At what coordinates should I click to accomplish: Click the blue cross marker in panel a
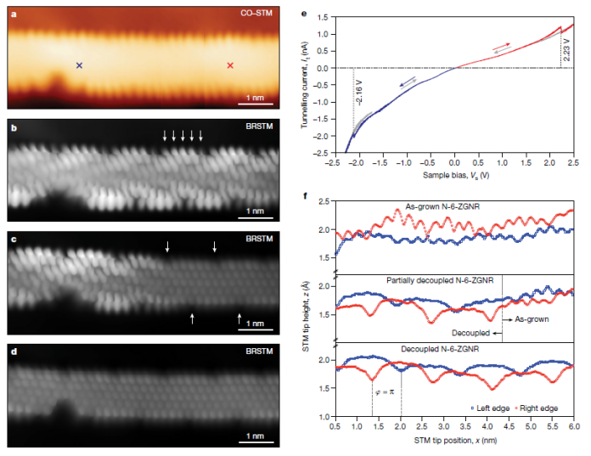pos(80,65)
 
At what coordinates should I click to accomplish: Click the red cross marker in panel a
pos(230,65)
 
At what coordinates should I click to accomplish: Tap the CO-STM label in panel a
pos(252,14)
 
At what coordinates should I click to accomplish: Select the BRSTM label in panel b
pos(258,126)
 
